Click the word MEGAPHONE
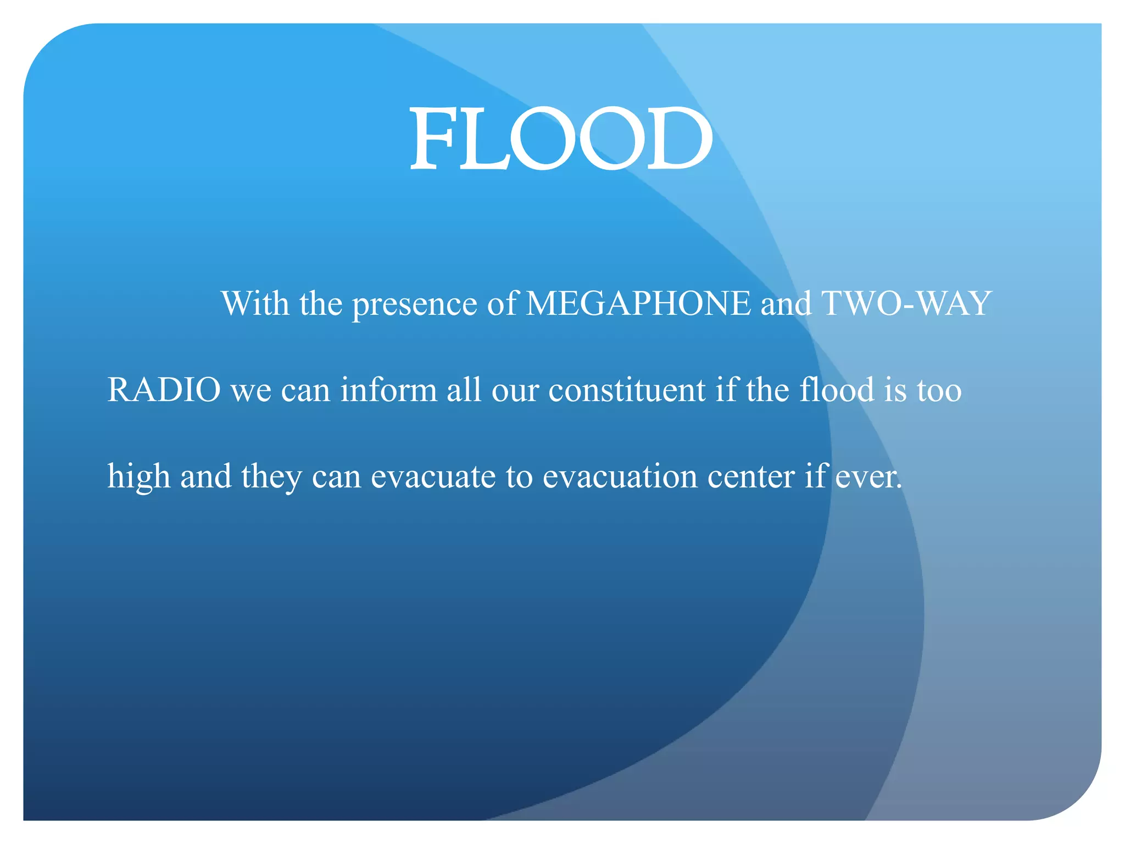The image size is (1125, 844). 638,303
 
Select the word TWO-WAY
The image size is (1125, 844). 906,303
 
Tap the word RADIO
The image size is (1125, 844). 164,390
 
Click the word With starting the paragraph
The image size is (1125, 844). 255,303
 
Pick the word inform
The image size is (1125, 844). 388,390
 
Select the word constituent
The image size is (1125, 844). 627,390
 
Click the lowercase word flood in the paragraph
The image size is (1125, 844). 837,390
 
